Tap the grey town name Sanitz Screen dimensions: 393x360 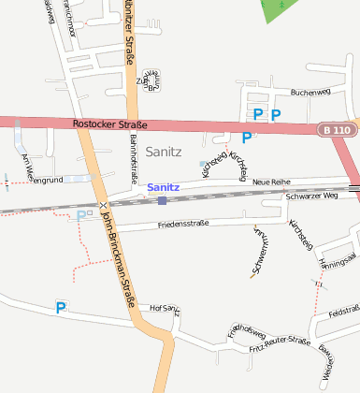[165, 151]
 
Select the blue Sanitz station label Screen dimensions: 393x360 [163, 187]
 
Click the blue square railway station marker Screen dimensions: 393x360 [163, 199]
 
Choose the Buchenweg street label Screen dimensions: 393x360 [310, 93]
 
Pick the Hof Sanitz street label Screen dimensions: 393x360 [164, 309]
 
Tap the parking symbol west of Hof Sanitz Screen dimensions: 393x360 [61, 307]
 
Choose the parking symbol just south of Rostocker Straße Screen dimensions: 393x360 [247, 138]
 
